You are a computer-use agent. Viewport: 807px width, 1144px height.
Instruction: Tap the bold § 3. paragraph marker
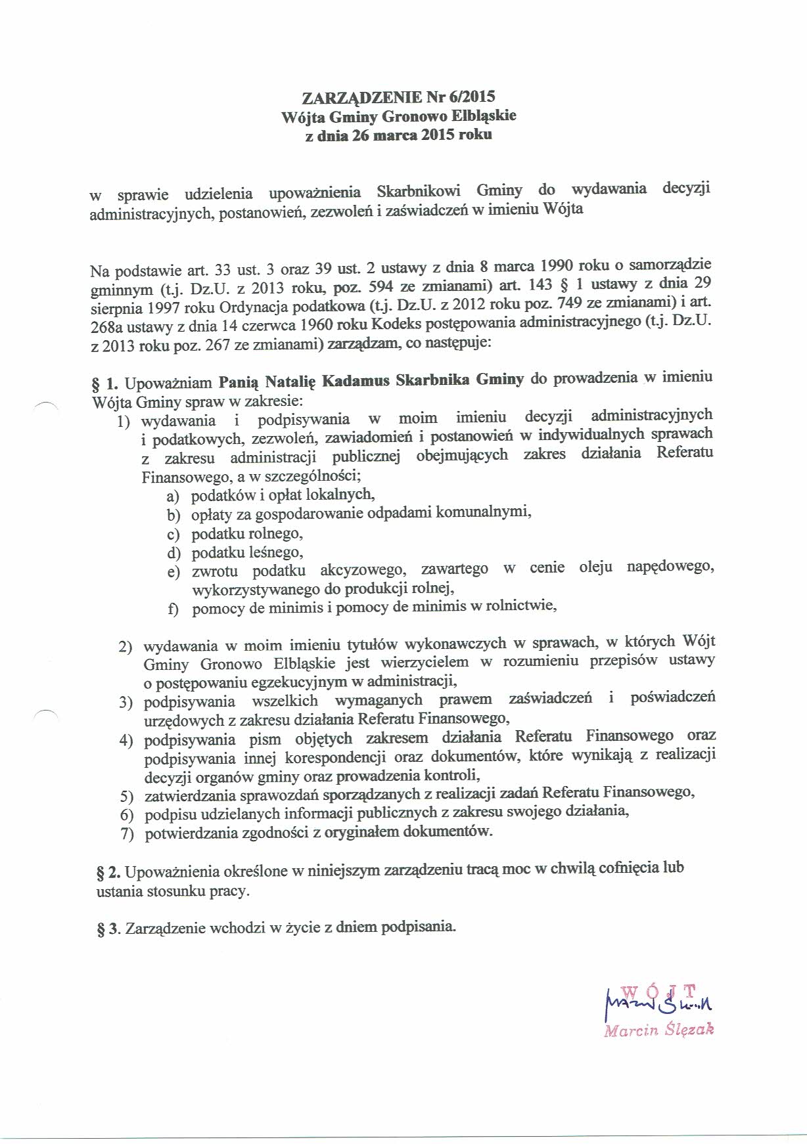[x=108, y=928]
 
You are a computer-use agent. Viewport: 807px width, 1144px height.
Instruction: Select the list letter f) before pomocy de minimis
[x=173, y=609]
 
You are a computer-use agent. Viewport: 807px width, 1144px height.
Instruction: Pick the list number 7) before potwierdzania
[x=127, y=834]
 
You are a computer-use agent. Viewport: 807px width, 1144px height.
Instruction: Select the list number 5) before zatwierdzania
[x=127, y=797]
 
